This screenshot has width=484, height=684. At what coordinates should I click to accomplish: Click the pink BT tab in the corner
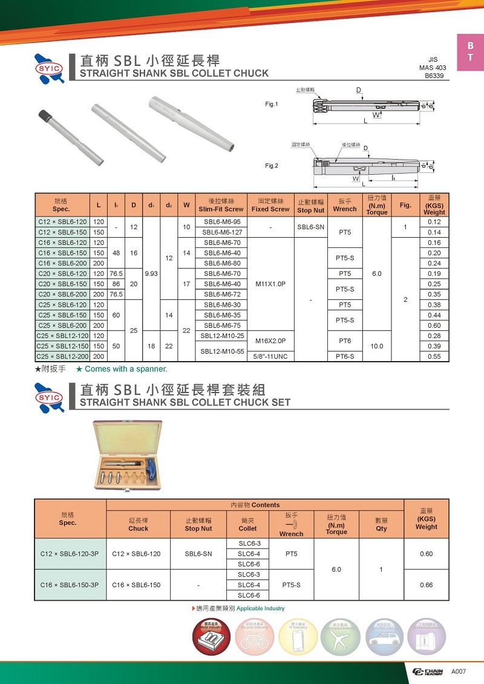[x=470, y=52]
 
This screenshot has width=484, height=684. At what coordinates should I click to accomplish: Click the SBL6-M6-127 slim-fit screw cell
[x=221, y=232]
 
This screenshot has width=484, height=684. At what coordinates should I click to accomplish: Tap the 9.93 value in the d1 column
[x=151, y=273]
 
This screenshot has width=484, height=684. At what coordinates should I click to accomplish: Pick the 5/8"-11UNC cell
[x=270, y=357]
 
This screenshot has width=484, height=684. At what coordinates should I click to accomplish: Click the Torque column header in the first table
[x=377, y=205]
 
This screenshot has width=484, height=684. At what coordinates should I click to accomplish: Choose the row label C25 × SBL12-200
[x=62, y=357]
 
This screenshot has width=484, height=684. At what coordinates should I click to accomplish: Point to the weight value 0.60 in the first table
[x=434, y=325]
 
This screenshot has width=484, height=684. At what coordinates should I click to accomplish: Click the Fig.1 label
[x=272, y=104]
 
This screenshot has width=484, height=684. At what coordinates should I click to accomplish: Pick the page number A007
[x=459, y=672]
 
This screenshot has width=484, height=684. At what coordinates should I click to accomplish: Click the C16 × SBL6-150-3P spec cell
[x=70, y=585]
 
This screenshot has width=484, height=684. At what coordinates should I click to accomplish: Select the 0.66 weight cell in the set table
[x=426, y=585]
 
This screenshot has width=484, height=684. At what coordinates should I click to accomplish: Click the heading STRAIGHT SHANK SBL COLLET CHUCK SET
[x=185, y=402]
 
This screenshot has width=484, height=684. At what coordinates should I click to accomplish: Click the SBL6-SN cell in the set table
[x=198, y=554]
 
